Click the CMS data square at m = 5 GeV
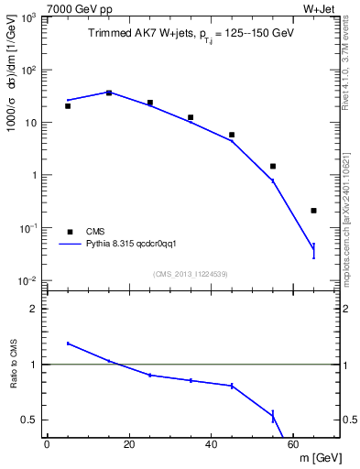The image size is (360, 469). click(x=68, y=106)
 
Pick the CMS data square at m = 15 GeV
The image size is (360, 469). click(x=109, y=93)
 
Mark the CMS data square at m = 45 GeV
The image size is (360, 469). click(x=232, y=135)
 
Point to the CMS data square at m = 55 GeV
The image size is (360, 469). click(x=273, y=167)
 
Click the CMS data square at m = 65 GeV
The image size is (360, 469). click(x=313, y=211)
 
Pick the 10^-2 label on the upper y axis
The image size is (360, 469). click(x=30, y=281)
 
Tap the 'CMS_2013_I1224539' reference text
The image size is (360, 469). click(x=191, y=274)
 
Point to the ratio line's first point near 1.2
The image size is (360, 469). click(x=68, y=344)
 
